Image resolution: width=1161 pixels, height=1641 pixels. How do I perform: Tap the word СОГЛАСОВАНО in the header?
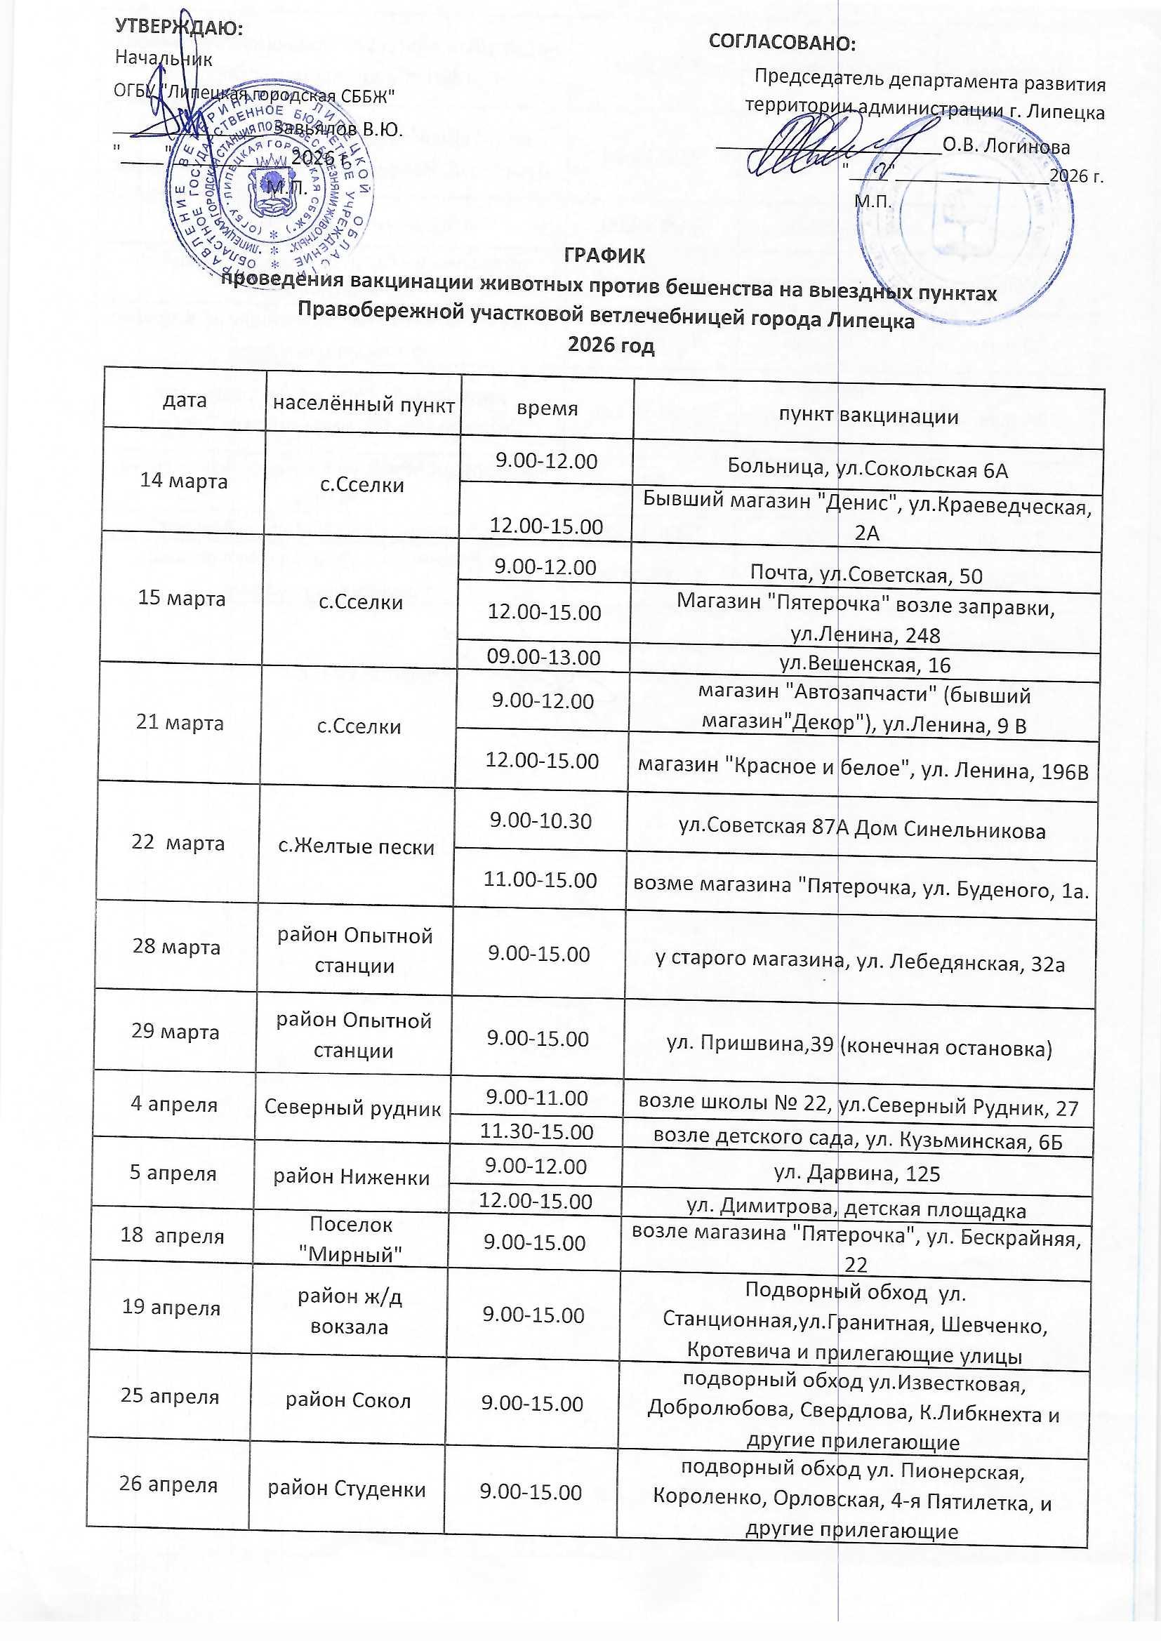click(x=781, y=43)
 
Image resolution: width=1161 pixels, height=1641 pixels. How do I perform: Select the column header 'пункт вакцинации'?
click(x=868, y=416)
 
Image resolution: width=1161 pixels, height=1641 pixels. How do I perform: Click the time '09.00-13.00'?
click(x=543, y=657)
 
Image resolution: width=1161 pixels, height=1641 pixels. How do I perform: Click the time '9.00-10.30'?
click(x=540, y=820)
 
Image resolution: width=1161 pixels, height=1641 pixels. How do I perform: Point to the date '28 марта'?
click(x=176, y=947)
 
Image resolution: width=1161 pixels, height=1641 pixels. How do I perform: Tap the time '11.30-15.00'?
click(x=536, y=1132)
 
